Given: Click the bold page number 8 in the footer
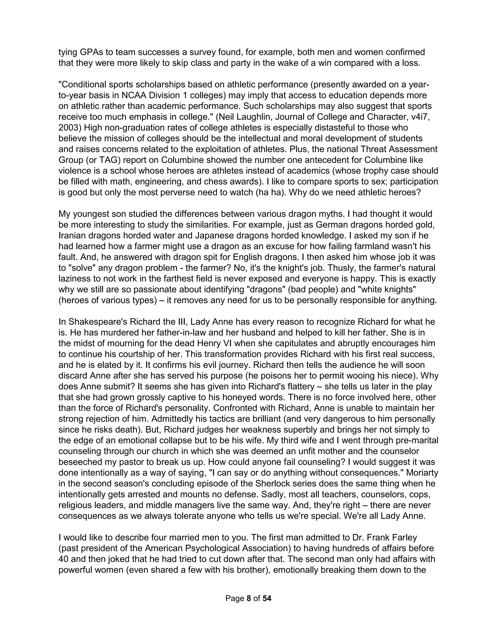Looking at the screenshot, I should [249, 598].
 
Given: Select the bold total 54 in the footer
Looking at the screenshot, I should [267, 598].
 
